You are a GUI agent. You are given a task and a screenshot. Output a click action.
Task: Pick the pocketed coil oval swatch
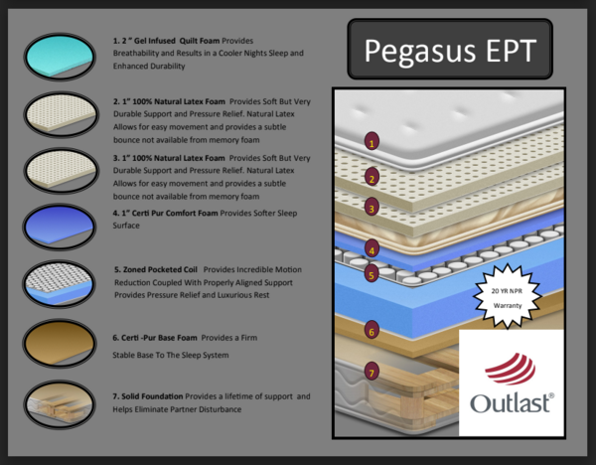pyautogui.click(x=61, y=282)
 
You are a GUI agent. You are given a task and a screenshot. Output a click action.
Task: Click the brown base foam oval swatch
pyautogui.click(x=61, y=342)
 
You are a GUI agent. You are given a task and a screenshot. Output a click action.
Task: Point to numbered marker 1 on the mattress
pyautogui.click(x=372, y=142)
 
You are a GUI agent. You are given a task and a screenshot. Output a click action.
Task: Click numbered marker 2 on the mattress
pyautogui.click(x=371, y=179)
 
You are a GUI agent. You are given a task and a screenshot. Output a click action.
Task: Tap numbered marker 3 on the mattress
pyautogui.click(x=371, y=209)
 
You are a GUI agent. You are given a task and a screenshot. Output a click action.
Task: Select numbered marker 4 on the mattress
pyautogui.click(x=371, y=249)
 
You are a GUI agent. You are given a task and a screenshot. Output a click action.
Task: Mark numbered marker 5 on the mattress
pyautogui.click(x=371, y=274)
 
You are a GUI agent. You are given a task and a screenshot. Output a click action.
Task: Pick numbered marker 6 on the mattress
pyautogui.click(x=371, y=331)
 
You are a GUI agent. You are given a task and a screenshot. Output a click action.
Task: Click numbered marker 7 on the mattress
pyautogui.click(x=371, y=374)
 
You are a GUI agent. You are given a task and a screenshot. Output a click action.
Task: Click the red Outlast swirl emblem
pyautogui.click(x=511, y=371)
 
